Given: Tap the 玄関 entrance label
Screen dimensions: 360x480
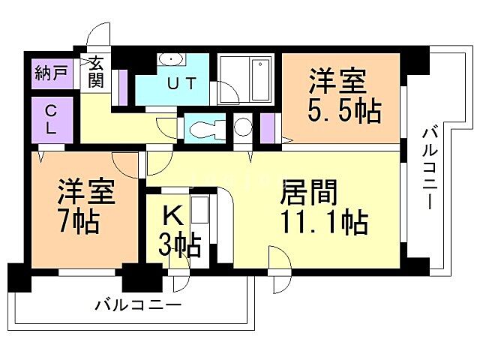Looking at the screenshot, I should click(96, 73).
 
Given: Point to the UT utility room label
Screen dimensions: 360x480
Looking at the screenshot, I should click(181, 84).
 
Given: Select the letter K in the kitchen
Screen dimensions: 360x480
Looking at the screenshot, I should click(172, 217).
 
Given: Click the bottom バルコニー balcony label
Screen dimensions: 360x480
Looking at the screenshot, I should click(138, 306).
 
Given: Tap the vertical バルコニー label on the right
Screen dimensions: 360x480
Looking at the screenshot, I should click(430, 169).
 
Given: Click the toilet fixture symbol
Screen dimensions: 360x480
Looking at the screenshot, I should click(202, 128).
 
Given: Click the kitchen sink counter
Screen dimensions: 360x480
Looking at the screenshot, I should click(199, 217).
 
